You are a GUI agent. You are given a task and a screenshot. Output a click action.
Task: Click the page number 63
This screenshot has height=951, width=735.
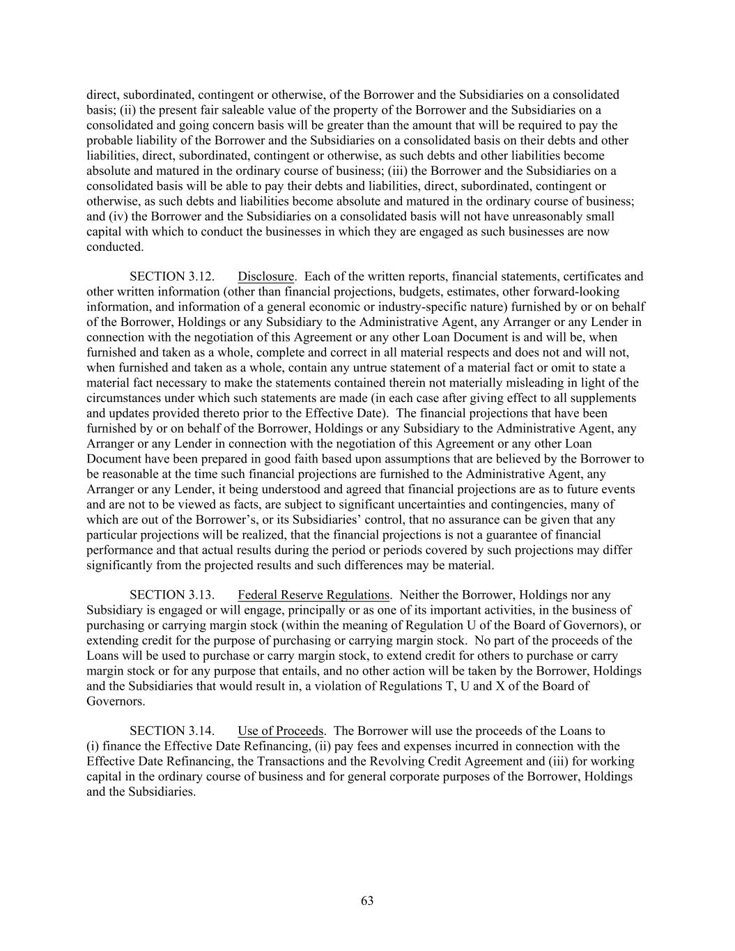tap(367, 901)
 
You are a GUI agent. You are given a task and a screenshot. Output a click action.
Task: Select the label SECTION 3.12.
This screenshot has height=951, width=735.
tap(171, 277)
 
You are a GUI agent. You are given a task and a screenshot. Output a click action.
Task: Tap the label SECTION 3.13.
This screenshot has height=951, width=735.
tap(171, 595)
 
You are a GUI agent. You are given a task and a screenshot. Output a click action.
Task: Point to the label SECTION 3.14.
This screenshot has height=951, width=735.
tap(171, 731)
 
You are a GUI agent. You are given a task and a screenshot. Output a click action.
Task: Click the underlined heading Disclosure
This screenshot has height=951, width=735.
tap(266, 277)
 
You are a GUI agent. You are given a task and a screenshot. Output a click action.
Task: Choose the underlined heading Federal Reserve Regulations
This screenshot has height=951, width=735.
tap(314, 595)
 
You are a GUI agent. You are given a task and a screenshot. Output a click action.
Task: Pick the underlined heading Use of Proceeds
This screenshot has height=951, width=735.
tap(281, 731)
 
